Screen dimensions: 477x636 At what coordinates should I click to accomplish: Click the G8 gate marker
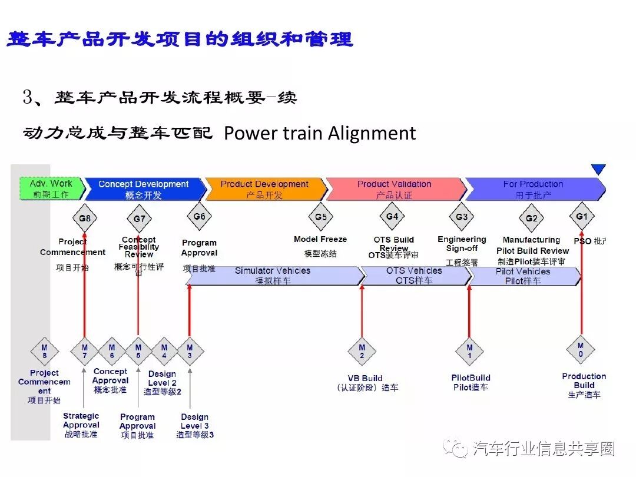pyautogui.click(x=85, y=218)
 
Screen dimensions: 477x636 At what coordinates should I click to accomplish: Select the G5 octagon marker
pyautogui.click(x=320, y=217)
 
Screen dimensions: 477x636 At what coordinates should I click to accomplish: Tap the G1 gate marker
pyautogui.click(x=581, y=217)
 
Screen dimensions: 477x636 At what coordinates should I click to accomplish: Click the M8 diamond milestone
pyautogui.click(x=44, y=352)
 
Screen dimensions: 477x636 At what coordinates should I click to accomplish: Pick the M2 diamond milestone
pyautogui.click(x=362, y=352)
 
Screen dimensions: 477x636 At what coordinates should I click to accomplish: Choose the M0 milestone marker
pyautogui.click(x=581, y=350)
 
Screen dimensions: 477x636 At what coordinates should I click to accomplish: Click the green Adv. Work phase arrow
pyautogui.click(x=51, y=188)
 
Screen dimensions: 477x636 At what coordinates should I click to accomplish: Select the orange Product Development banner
pyautogui.click(x=264, y=188)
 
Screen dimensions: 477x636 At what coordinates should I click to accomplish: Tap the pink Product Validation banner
pyautogui.click(x=394, y=188)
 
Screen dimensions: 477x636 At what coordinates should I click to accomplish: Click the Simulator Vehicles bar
pyautogui.click(x=273, y=276)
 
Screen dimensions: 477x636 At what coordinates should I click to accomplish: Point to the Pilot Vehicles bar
pyautogui.click(x=523, y=276)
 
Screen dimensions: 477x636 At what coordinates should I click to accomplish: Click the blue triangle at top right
pyautogui.click(x=598, y=170)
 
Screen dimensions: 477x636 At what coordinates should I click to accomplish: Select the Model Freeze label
pyautogui.click(x=320, y=239)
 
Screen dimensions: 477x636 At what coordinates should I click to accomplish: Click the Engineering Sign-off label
pyautogui.click(x=462, y=244)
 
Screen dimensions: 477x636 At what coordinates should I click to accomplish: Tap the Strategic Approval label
pyautogui.click(x=81, y=420)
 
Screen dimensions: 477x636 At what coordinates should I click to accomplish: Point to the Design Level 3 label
pyautogui.click(x=195, y=421)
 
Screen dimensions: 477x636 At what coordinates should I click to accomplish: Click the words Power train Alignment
pyautogui.click(x=320, y=133)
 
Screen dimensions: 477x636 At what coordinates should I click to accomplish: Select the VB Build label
pyautogui.click(x=365, y=378)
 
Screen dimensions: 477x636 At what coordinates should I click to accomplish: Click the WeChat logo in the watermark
pyautogui.click(x=457, y=449)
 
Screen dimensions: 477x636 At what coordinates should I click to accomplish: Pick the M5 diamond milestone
pyautogui.click(x=138, y=352)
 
